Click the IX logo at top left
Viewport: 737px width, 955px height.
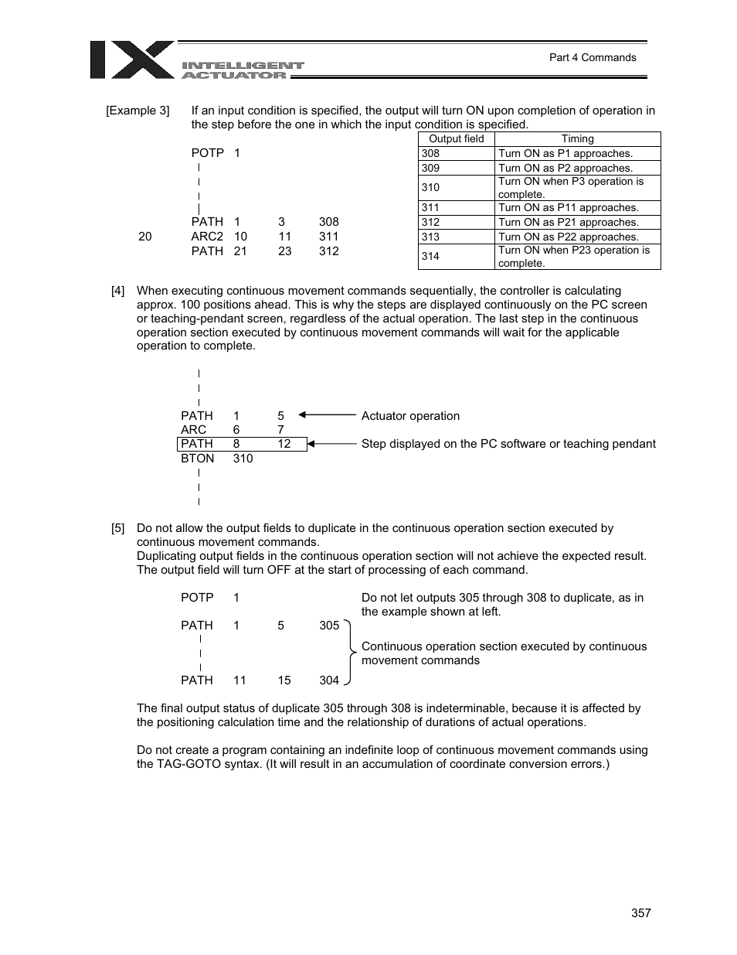point(132,60)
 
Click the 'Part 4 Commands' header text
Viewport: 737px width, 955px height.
point(592,57)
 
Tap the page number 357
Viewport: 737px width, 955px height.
point(640,912)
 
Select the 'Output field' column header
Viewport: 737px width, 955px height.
point(456,139)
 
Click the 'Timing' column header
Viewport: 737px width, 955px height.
point(577,139)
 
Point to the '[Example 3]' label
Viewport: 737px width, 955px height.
point(138,111)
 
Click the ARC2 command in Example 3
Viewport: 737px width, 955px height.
point(207,237)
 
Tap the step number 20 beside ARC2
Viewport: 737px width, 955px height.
point(145,237)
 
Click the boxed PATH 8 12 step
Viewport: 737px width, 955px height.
point(241,444)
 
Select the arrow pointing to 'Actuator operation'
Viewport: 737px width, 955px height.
point(327,415)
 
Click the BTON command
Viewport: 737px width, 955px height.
point(197,459)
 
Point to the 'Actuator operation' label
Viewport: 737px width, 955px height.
point(410,416)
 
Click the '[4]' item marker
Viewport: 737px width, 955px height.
point(117,292)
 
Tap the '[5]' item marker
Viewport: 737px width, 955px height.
point(117,529)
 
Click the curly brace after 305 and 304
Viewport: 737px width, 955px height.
point(351,652)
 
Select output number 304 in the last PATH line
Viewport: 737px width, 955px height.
point(329,680)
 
